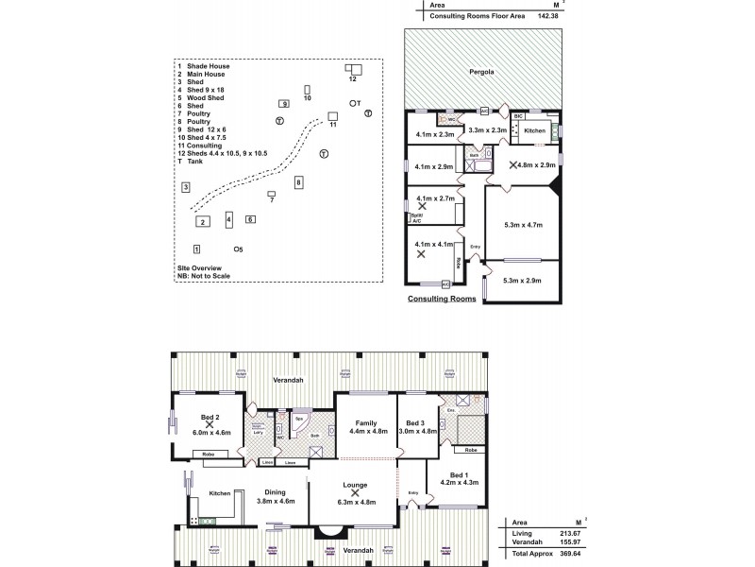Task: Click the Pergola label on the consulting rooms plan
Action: tap(482, 72)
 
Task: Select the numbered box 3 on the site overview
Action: tap(187, 187)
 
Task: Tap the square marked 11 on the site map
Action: tap(332, 117)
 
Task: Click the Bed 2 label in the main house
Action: tap(210, 417)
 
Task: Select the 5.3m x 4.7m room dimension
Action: tap(522, 225)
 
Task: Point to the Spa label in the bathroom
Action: tap(299, 417)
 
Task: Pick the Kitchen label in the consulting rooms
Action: tap(534, 130)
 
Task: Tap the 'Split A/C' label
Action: tap(416, 217)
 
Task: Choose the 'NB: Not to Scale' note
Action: tap(203, 275)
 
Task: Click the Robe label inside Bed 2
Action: tap(210, 455)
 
